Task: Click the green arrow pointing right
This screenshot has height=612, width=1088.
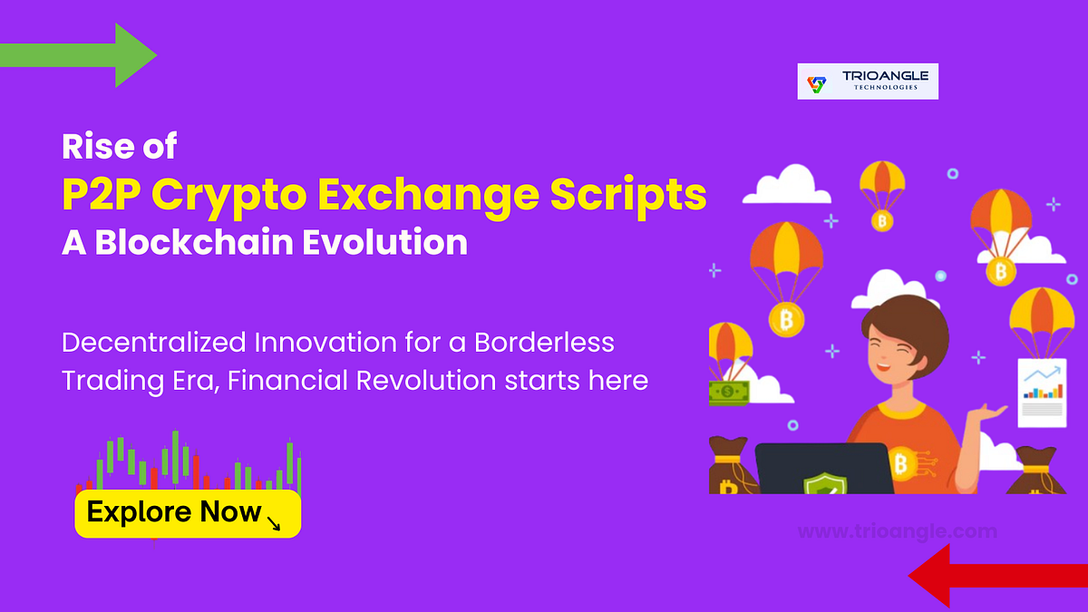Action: tap(78, 55)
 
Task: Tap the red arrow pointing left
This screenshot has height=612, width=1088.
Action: tap(998, 576)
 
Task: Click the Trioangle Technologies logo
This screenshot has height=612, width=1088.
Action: tap(868, 81)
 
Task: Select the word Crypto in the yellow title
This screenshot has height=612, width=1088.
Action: tap(229, 196)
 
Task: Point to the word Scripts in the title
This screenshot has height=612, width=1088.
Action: tap(628, 196)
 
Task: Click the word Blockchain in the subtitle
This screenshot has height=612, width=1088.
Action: tap(194, 241)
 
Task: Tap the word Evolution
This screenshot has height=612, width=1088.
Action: tap(384, 241)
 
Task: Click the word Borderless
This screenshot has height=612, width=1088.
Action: tap(544, 342)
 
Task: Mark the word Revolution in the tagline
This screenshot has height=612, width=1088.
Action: tap(426, 380)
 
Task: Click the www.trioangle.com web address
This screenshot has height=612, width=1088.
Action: tap(898, 531)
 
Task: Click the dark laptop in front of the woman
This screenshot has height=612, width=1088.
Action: tap(824, 469)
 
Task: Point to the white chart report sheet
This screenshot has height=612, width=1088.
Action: tap(1043, 393)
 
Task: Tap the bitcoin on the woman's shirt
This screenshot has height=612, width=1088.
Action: tap(901, 464)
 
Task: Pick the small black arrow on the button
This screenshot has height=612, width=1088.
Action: tap(274, 522)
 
